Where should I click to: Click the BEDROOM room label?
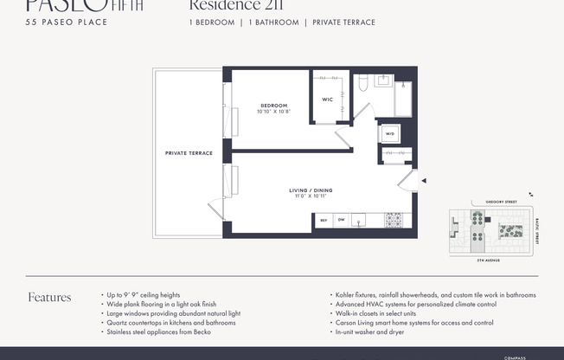273,106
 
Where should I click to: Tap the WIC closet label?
327,100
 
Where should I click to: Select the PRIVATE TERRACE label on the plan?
189,153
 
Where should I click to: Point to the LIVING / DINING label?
311,190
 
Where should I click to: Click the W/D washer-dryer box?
389,134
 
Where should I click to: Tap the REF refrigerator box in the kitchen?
324,220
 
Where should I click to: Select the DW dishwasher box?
341,220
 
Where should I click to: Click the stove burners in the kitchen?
394,220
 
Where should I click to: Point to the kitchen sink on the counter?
364,220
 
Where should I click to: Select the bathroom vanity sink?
383,82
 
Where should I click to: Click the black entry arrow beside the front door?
423,181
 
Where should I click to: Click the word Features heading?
49,298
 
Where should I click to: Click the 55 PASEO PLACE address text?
67,22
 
